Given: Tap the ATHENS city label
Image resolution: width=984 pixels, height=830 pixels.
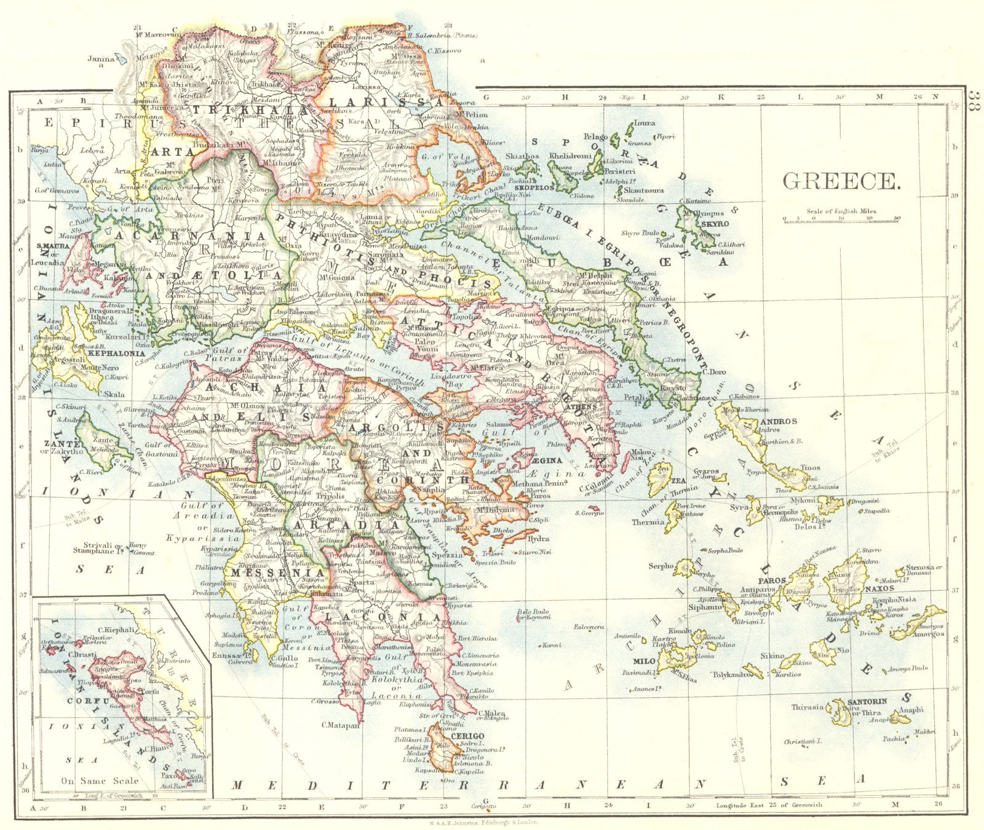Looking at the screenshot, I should (585, 407).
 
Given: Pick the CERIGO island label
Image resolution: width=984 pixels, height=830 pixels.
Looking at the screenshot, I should (467, 736).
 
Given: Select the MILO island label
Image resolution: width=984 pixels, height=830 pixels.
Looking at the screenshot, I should (643, 661).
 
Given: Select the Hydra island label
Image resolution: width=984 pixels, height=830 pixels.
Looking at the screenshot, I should (538, 539).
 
